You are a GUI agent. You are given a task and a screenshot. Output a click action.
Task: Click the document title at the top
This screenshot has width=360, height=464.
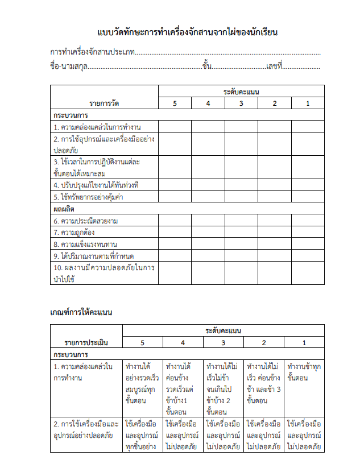coord(187,32)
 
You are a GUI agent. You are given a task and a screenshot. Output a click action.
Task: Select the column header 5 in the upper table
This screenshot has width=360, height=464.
coord(175,103)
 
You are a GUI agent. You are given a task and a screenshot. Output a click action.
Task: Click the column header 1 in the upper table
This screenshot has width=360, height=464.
coord(308,103)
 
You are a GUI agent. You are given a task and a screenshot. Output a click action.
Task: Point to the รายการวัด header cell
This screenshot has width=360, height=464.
coord(104,103)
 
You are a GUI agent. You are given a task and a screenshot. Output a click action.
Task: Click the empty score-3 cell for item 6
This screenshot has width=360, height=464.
coord(241,221)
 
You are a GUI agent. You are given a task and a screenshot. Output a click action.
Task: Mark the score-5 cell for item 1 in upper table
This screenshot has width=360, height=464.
coord(175,126)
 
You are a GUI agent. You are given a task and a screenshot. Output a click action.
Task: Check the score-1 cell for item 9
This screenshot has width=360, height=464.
coord(308,255)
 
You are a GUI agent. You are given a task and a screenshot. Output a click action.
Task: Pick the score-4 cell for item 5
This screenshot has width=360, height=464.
coord(208,197)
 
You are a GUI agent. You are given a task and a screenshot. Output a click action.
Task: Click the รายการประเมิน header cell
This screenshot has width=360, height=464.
coord(86,342)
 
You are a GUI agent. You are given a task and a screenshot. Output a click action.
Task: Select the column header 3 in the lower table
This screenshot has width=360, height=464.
coord(223,342)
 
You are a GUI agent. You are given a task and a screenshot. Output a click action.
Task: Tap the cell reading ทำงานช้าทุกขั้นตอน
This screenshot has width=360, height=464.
coord(304,371)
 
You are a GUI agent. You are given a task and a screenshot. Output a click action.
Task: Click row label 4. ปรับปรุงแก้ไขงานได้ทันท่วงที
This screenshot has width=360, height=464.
coord(96,185)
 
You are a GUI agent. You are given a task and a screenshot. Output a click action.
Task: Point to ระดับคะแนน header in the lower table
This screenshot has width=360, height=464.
coord(223,330)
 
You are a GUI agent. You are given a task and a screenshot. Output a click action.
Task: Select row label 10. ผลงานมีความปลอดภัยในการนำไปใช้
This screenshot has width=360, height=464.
coord(104,272)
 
